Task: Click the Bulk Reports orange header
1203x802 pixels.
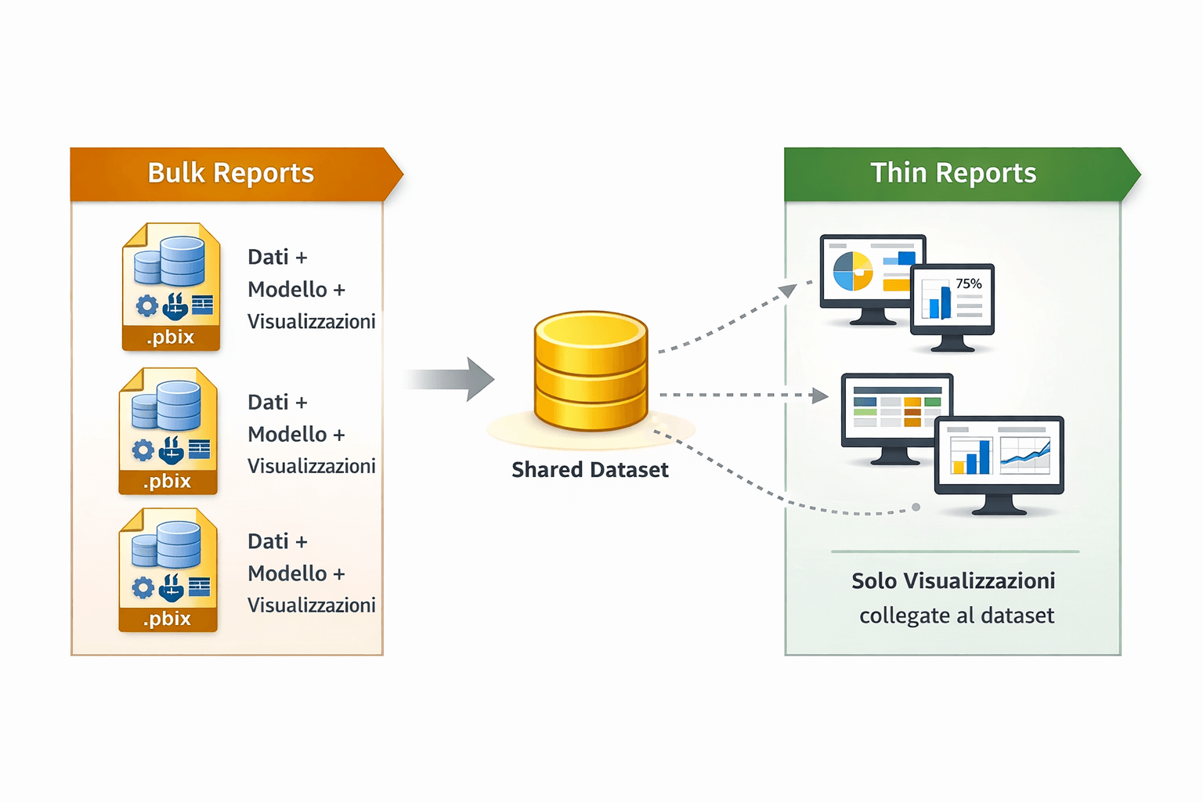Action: (x=231, y=173)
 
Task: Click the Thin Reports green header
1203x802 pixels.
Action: (x=953, y=173)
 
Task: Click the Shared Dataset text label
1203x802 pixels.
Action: (x=590, y=470)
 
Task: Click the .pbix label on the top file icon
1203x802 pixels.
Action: (x=170, y=338)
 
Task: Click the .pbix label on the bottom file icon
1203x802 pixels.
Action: (x=167, y=619)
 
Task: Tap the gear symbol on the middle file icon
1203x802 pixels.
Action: (x=143, y=450)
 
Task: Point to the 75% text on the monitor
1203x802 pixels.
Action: (x=969, y=284)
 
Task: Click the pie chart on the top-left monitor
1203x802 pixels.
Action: (x=853, y=271)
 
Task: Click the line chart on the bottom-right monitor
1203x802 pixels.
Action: (x=1025, y=456)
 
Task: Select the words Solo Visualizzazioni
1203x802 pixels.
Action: (x=953, y=581)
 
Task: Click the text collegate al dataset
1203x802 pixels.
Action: (x=956, y=616)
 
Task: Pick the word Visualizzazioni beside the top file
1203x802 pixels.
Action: (x=311, y=322)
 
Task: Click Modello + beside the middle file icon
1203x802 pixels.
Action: (x=296, y=435)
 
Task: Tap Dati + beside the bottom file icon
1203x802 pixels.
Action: (x=277, y=542)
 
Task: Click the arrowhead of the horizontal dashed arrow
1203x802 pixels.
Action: (x=820, y=396)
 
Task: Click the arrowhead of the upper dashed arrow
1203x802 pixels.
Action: (x=788, y=291)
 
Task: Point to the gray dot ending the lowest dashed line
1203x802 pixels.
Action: (x=916, y=508)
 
